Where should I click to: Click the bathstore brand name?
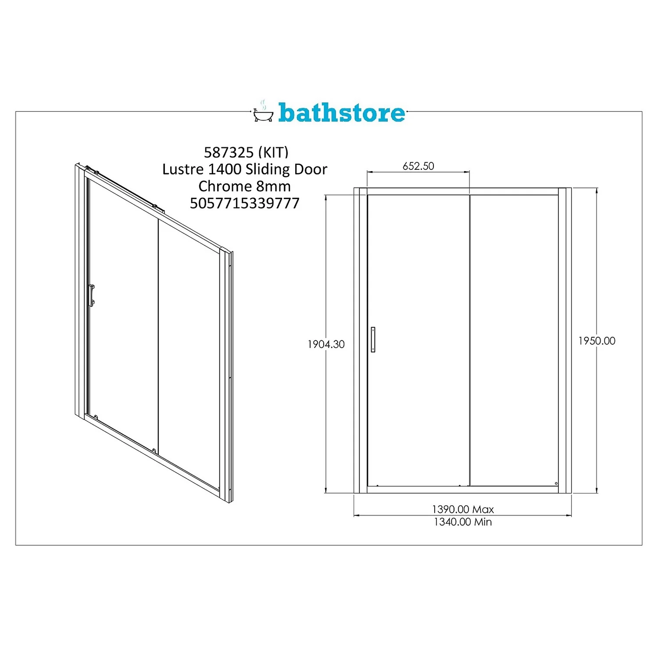pos(341,113)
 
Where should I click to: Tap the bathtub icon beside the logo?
pos(263,114)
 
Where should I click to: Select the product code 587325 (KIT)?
pos(246,152)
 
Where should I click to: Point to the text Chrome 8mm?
pos(244,186)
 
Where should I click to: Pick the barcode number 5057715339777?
pos(244,203)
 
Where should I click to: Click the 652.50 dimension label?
pos(418,166)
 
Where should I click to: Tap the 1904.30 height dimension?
pos(326,344)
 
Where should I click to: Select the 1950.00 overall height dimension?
pos(597,341)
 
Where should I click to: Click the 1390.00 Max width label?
pos(463,509)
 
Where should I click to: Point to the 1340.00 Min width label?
pos(463,522)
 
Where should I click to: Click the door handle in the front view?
pos(373,339)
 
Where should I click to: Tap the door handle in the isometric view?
pos(91,295)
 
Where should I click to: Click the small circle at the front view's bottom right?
pos(556,483)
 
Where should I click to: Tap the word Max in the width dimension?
pos(483,509)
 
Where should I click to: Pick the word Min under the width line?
pos(483,522)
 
